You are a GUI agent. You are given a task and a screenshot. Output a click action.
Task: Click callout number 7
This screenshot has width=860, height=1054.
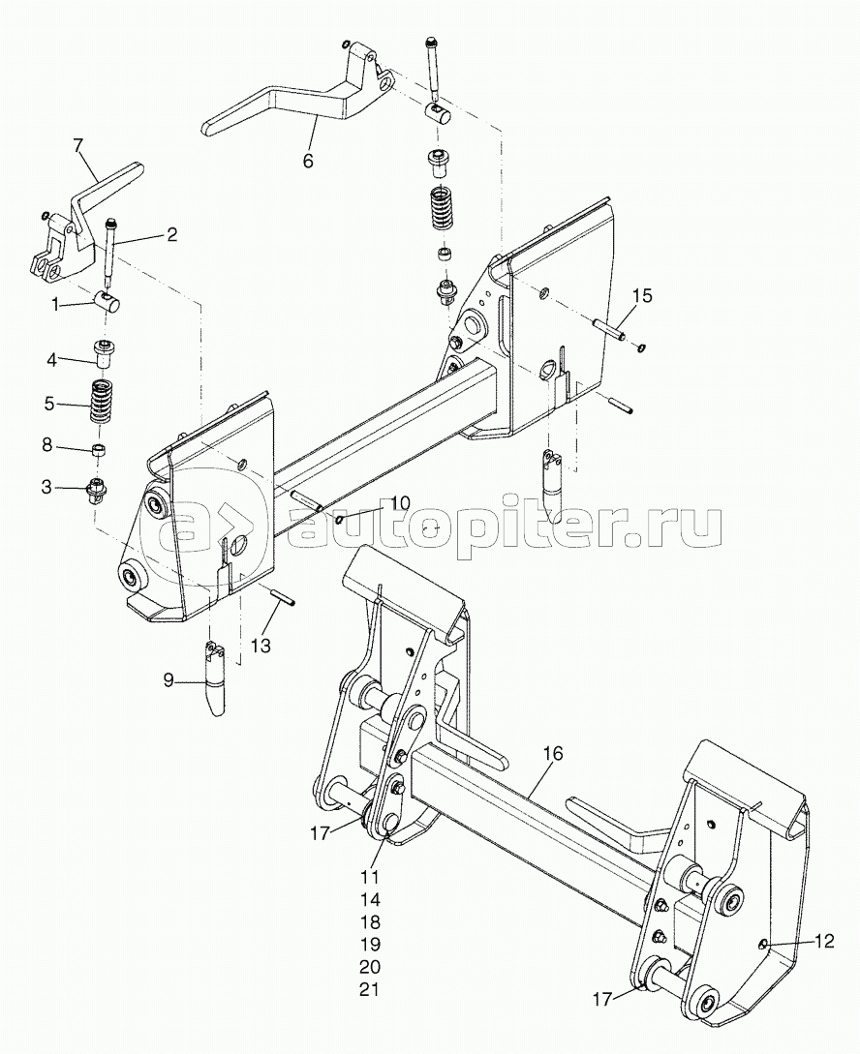[78, 147]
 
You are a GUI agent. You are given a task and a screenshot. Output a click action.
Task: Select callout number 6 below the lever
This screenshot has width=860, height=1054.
[308, 161]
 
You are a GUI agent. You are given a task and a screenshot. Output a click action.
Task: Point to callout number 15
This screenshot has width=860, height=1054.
[643, 295]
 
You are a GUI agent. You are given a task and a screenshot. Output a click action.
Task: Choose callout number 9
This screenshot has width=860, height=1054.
[169, 681]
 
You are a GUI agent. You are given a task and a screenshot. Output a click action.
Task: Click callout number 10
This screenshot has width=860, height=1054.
[400, 503]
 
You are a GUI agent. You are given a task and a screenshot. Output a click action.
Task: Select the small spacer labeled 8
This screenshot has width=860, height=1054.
[98, 450]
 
